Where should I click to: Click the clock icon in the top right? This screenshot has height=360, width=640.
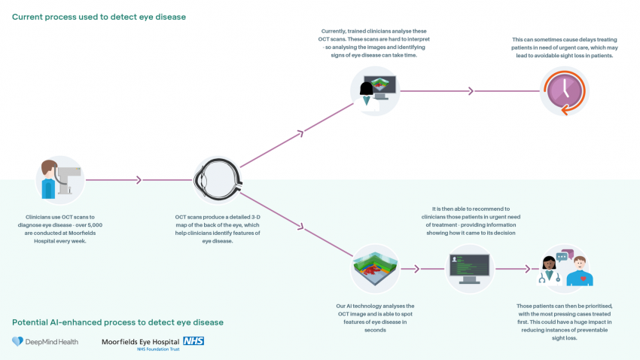tap(564, 91)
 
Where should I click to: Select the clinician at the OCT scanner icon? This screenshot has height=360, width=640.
tap(59, 180)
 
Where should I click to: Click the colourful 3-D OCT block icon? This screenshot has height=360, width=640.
tap(375, 269)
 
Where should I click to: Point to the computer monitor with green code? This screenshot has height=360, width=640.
tap(470, 268)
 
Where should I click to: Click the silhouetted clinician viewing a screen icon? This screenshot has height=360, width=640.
tap(375, 91)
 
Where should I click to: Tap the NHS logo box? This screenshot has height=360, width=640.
tap(194, 340)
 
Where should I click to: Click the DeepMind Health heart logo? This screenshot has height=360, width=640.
tap(18, 342)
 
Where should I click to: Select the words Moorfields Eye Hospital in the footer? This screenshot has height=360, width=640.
tap(141, 341)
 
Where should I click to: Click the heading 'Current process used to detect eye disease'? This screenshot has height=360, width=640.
tap(99, 17)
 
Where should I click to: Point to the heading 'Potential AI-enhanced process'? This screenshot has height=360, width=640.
tap(117, 322)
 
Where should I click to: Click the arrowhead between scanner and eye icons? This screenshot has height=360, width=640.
tap(138, 180)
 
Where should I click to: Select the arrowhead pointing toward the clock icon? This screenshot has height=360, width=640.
tap(471, 91)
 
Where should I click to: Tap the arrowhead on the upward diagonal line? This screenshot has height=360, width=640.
tap(300, 133)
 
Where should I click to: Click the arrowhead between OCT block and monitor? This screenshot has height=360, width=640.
tap(416, 269)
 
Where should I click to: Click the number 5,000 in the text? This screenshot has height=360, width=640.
tap(92, 225)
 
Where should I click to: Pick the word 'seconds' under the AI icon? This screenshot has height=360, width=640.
tap(375, 330)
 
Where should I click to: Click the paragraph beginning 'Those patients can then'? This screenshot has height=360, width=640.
tap(565, 322)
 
